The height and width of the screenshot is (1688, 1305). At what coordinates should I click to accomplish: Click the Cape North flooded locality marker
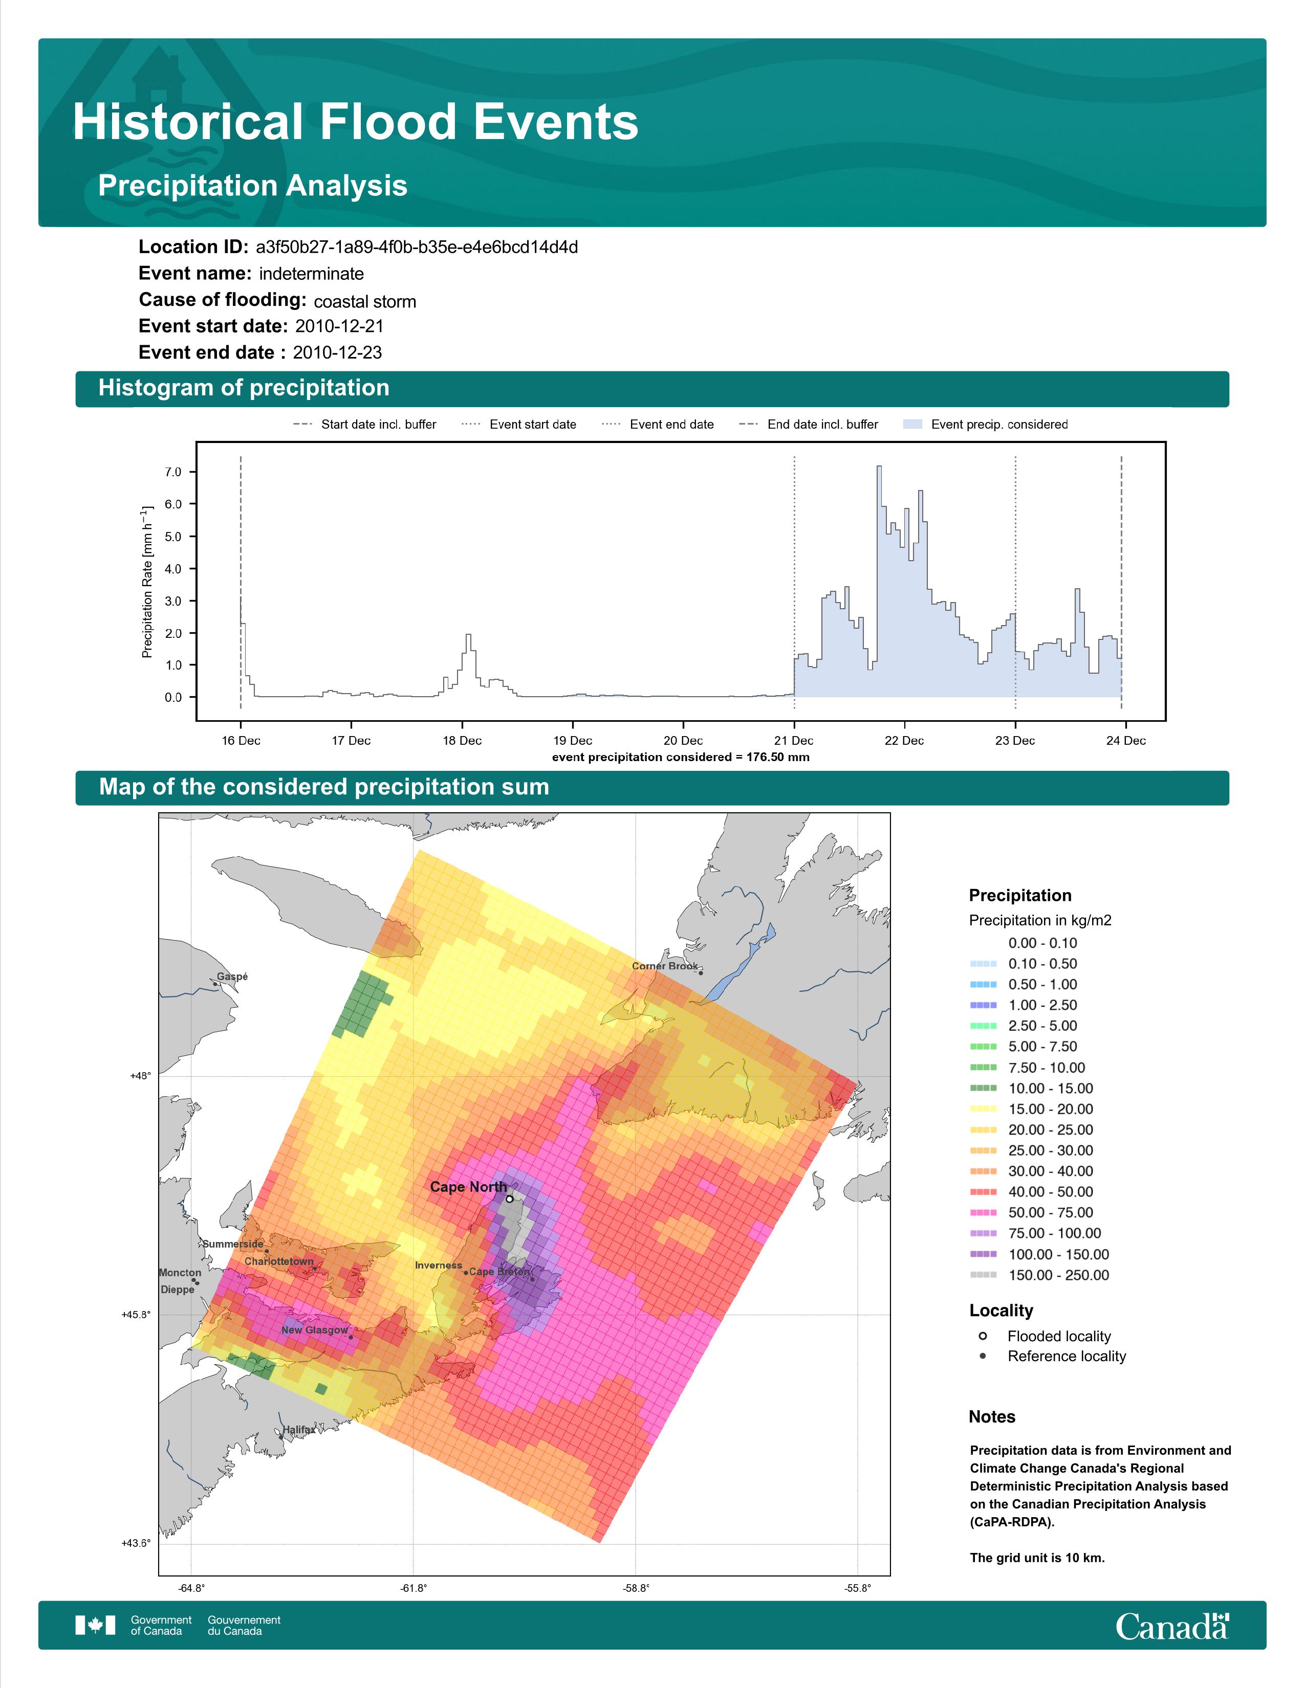[510, 1199]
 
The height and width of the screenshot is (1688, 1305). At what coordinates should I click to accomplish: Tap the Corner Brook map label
[665, 966]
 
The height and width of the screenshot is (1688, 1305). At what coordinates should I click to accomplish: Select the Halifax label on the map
[298, 1430]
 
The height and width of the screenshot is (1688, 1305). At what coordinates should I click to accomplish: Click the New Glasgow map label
[315, 1330]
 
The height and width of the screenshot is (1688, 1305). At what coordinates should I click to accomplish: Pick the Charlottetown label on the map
[279, 1261]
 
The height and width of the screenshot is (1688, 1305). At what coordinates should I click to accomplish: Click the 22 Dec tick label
[904, 741]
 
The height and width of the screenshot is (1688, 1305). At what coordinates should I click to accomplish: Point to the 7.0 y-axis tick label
[173, 472]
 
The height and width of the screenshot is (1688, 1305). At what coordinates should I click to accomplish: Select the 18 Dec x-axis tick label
[462, 741]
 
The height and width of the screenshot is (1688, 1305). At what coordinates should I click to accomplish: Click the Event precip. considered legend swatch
[913, 425]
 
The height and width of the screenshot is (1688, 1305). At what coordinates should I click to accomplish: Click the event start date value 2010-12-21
[339, 326]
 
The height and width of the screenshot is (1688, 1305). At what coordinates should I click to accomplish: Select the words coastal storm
[365, 301]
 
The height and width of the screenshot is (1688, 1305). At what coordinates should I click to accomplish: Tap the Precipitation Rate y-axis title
[147, 582]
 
